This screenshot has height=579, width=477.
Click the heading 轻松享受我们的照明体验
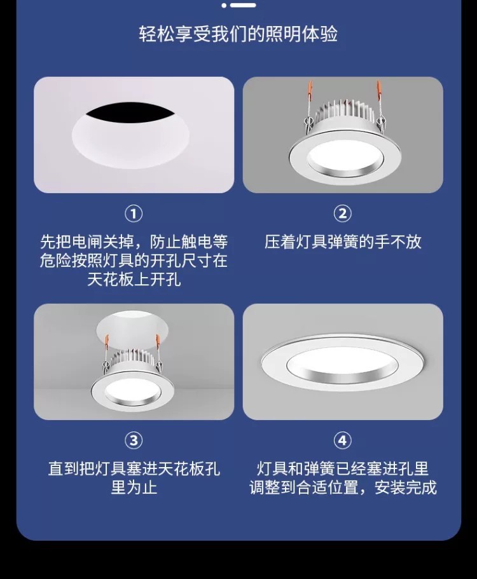pos(238,34)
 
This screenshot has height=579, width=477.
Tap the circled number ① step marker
pos(134,214)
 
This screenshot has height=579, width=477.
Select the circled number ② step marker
pos(343,214)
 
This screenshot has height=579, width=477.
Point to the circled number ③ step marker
pos(134,440)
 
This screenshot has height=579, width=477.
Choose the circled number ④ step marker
pos(343,440)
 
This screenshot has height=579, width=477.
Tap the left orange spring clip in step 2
pos(310,92)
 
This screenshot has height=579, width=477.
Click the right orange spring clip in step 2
pos(378,92)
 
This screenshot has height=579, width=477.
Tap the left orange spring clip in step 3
pos(107,341)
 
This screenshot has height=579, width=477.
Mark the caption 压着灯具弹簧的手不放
pos(343,242)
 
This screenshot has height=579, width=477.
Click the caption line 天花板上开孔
pos(134,279)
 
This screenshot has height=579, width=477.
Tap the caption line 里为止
pos(134,487)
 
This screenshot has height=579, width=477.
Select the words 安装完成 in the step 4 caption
pos(406,487)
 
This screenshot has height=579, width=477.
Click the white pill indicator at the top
pos(243,5)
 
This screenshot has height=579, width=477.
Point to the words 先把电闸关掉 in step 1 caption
pos(87,242)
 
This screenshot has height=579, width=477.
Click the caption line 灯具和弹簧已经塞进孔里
pos(343,468)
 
